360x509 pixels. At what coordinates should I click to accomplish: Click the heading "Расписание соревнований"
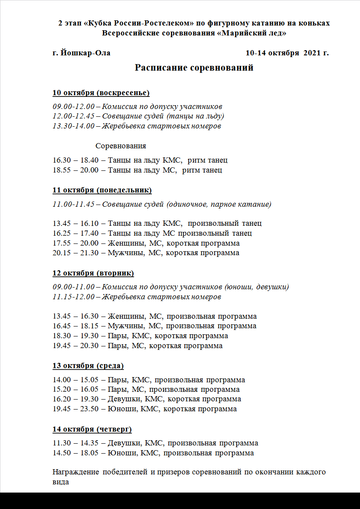pyautogui.click(x=194, y=68)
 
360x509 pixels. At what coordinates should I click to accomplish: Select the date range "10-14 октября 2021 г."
pyautogui.click(x=287, y=53)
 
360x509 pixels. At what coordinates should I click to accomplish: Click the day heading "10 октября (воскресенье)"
pyautogui.click(x=101, y=93)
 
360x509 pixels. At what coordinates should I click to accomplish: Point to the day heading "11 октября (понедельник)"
pyautogui.click(x=102, y=190)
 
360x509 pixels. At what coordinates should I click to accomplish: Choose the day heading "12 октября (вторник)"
pyautogui.click(x=93, y=273)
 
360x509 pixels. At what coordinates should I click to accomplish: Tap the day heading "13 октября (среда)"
pyautogui.click(x=88, y=366)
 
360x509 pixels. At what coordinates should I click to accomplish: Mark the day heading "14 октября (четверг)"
pyautogui.click(x=92, y=429)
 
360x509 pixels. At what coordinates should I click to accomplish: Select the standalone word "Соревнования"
pyautogui.click(x=121, y=146)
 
